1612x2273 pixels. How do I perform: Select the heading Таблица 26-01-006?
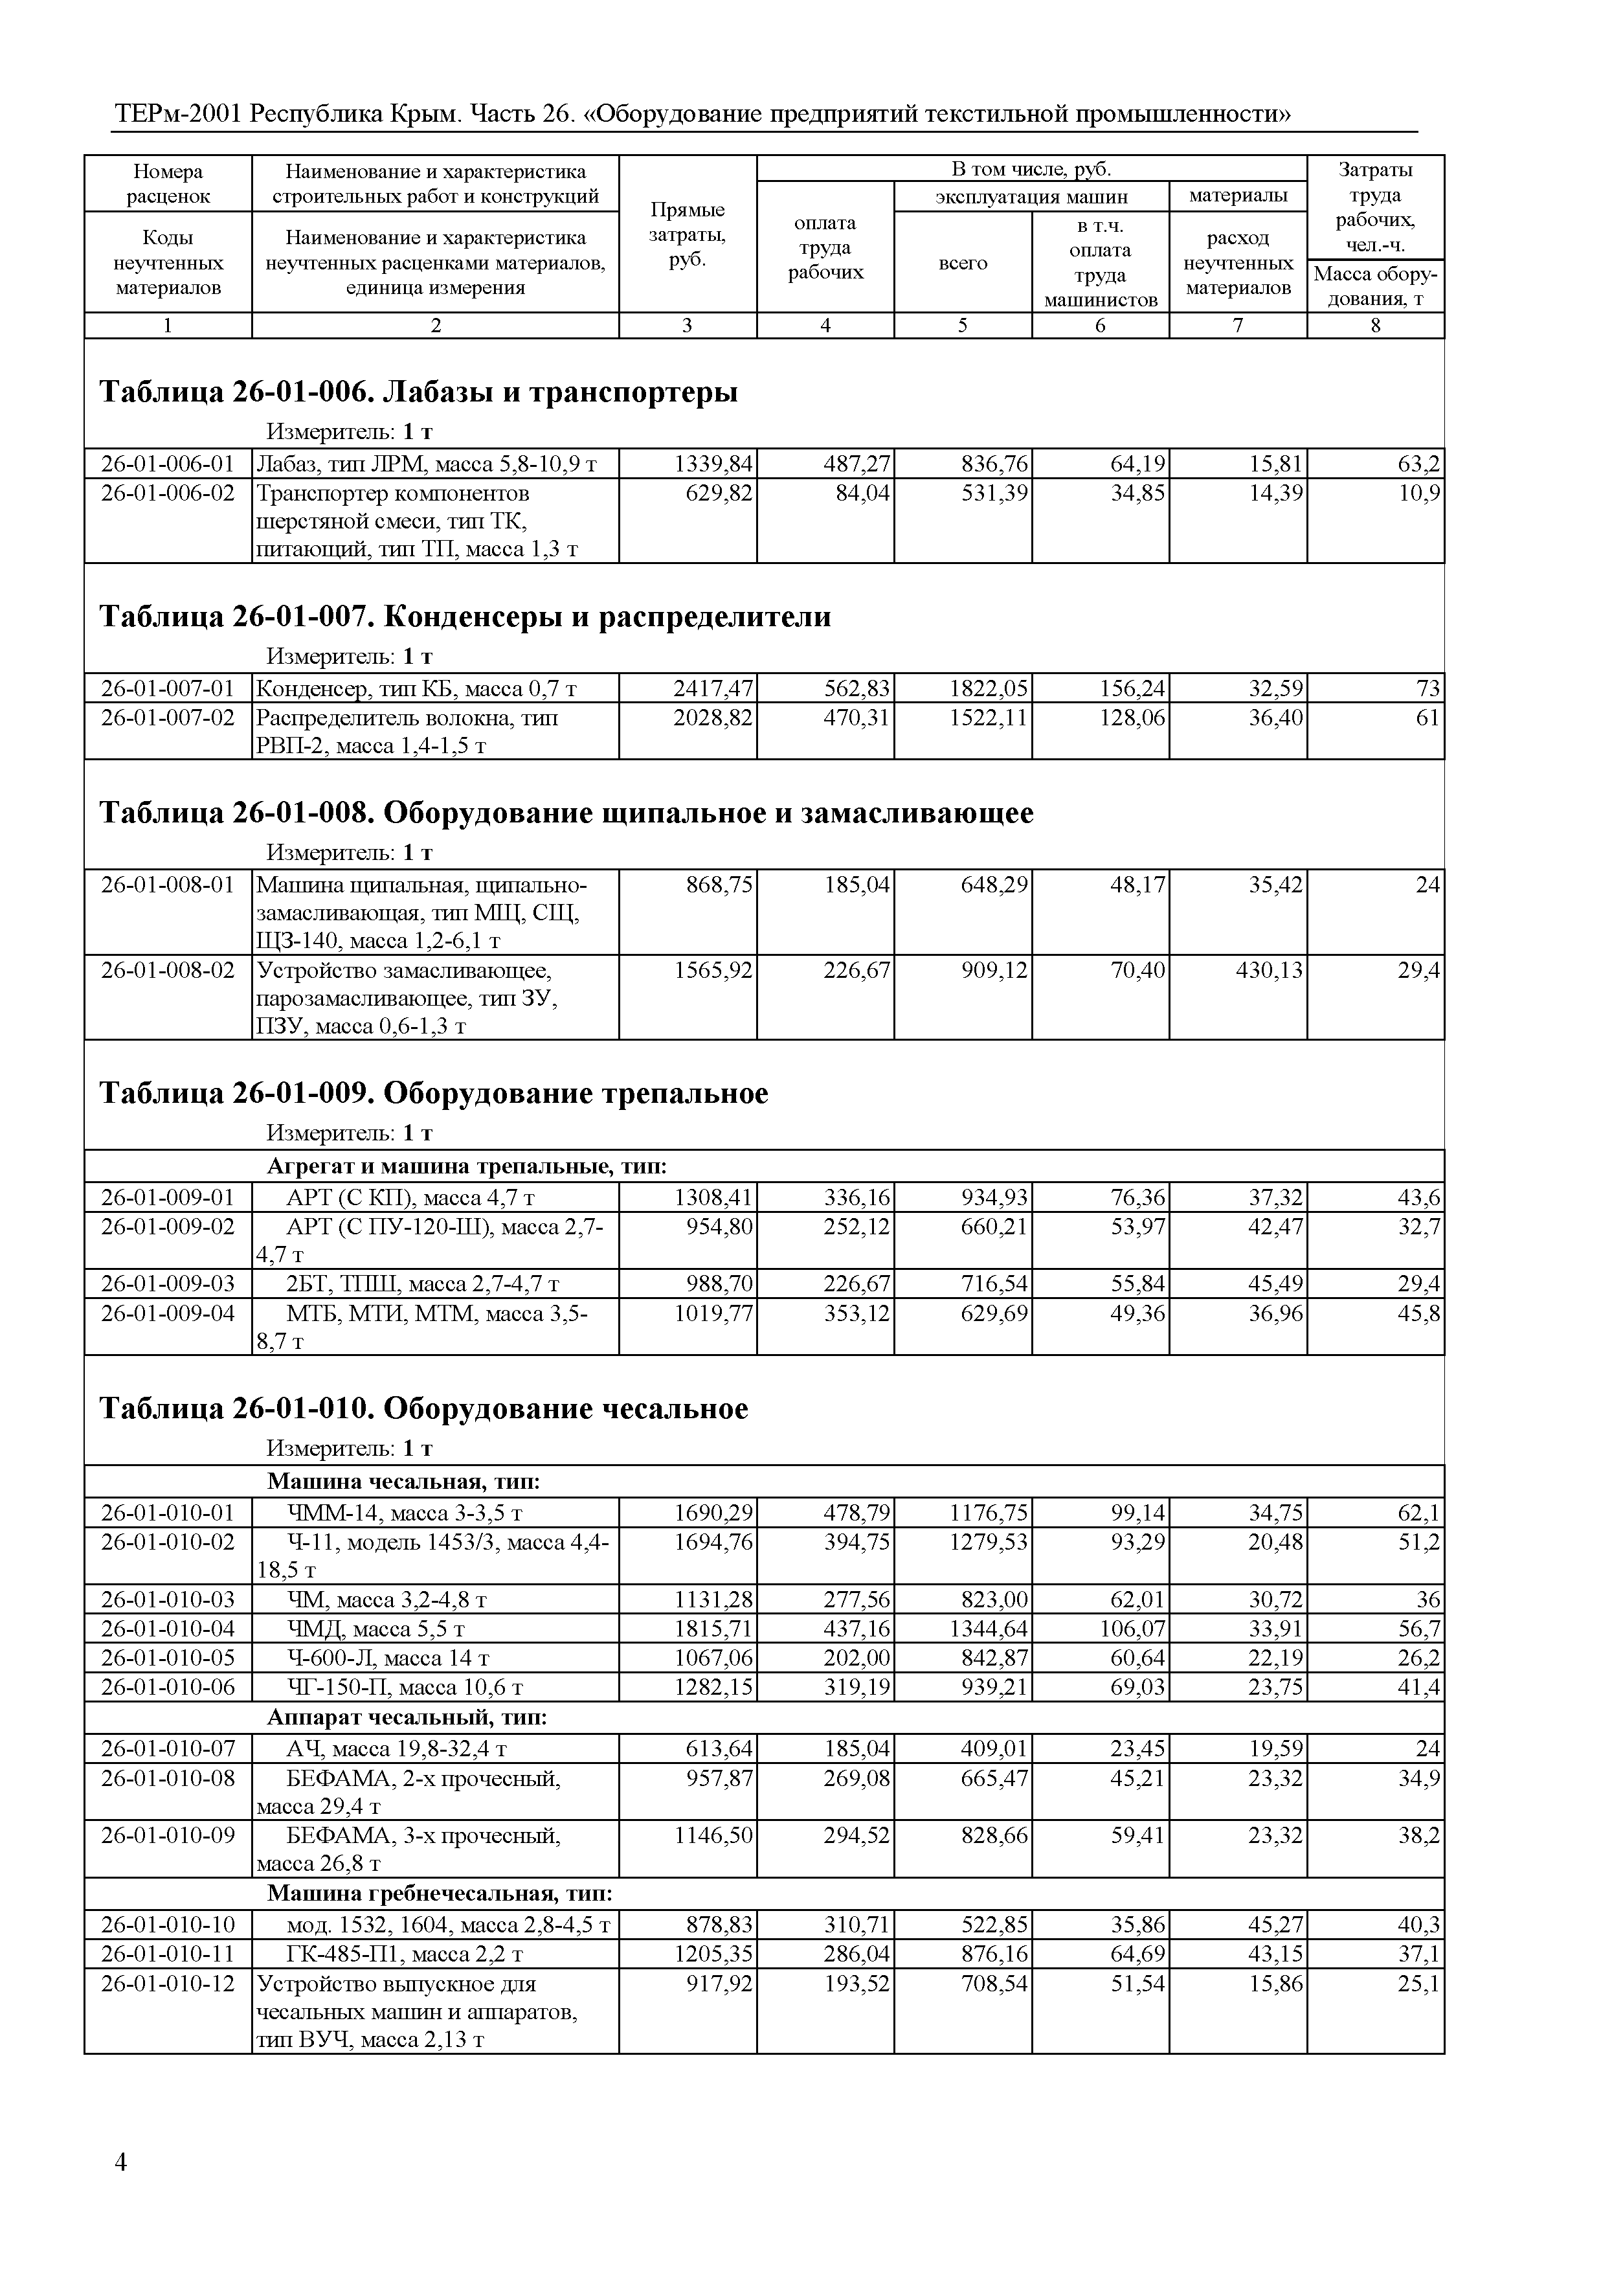(x=418, y=392)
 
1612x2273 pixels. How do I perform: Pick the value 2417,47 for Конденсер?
(x=713, y=688)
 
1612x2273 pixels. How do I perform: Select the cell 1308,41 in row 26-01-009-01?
(x=713, y=1197)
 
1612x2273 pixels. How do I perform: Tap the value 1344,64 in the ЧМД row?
(x=987, y=1629)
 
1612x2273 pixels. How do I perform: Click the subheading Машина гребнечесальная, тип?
(x=440, y=1893)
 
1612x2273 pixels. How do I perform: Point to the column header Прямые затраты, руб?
(x=687, y=234)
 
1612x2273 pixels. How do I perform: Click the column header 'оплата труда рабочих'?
(x=825, y=247)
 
